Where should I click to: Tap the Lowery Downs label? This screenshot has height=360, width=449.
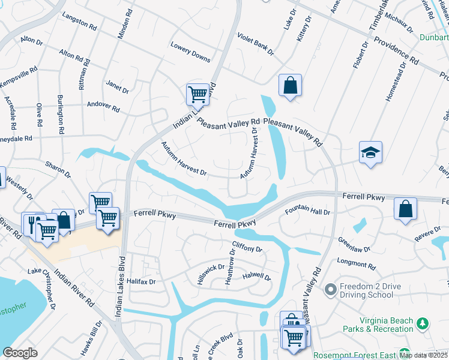[190, 52]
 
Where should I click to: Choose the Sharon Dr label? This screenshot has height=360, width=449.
[59, 169]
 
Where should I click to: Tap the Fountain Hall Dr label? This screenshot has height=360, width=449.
[307, 212]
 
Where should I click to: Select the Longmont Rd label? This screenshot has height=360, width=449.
[356, 263]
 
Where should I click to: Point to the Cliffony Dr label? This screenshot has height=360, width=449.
[247, 247]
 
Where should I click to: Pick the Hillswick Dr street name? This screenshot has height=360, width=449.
[211, 275]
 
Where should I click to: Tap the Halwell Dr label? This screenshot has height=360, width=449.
[256, 277]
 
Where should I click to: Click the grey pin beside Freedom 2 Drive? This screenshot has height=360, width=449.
[330, 290]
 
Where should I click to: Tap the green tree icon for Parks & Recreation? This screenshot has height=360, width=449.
[423, 324]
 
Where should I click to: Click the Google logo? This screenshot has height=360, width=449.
[20, 353]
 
